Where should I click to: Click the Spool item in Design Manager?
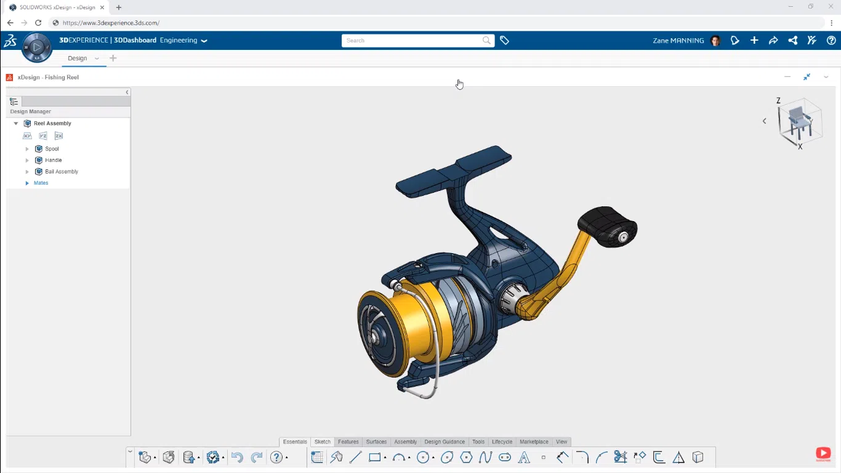[x=52, y=149]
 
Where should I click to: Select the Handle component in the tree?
[x=53, y=160]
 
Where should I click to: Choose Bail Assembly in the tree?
[x=62, y=172]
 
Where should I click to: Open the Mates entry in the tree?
[x=41, y=183]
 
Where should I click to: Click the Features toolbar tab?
[x=348, y=442]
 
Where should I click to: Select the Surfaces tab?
[x=376, y=442]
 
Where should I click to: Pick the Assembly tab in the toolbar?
[x=405, y=442]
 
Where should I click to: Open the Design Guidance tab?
[x=445, y=442]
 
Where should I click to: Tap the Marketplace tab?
[x=534, y=442]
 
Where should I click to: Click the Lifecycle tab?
[x=502, y=442]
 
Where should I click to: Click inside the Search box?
[x=412, y=41]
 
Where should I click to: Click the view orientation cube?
[x=799, y=122]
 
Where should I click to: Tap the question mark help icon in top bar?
[x=831, y=41]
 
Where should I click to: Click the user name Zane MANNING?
[x=678, y=41]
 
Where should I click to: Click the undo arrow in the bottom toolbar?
[x=237, y=458]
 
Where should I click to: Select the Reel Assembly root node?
[x=52, y=124]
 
